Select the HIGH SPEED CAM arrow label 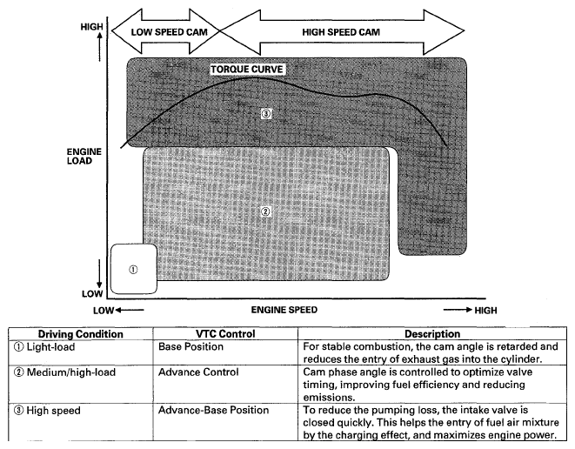click(x=342, y=31)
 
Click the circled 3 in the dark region click(x=266, y=113)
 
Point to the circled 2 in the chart click(x=266, y=211)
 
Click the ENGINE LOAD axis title click(x=84, y=156)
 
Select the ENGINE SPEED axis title click(x=284, y=309)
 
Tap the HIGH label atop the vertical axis click(x=90, y=26)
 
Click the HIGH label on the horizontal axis click(x=485, y=310)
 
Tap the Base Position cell click(x=191, y=346)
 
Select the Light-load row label click(x=58, y=346)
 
